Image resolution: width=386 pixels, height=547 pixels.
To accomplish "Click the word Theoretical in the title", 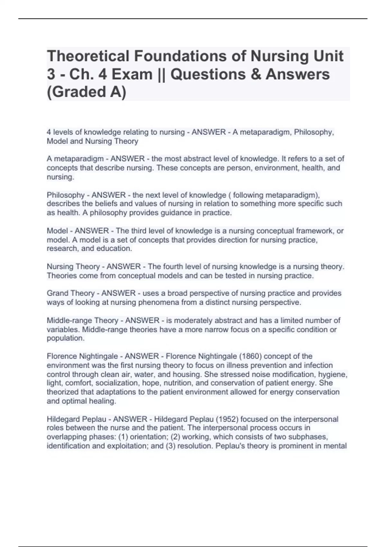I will (88, 56).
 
